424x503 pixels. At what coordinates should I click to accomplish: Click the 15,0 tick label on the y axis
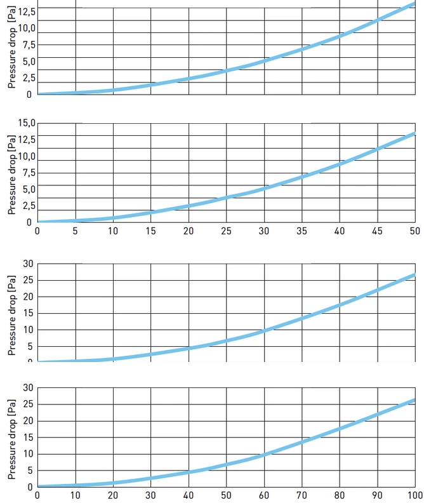click(27, 123)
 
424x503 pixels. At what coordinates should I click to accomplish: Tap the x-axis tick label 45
click(377, 231)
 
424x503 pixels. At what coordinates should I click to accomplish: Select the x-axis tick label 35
click(301, 231)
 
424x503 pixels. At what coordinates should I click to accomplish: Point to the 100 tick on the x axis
click(414, 495)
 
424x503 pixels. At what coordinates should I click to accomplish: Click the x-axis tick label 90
click(377, 495)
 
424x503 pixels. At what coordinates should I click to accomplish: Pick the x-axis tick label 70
click(301, 495)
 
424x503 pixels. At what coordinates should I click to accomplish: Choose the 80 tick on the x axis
click(340, 495)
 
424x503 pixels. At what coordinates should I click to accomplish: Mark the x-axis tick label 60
click(264, 495)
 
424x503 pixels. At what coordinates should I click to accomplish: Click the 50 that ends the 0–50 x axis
click(414, 231)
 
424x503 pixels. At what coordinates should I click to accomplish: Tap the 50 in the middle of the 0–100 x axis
click(226, 495)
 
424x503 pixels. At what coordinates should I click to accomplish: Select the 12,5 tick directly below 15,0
click(27, 140)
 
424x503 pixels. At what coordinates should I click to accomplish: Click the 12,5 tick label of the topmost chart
click(27, 12)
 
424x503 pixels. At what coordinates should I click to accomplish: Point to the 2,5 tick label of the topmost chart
click(29, 78)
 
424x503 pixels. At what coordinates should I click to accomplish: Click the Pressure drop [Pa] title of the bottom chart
click(11, 439)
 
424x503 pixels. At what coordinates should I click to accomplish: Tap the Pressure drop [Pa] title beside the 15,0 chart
click(11, 175)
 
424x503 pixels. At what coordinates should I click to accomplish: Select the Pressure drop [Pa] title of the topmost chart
click(11, 47)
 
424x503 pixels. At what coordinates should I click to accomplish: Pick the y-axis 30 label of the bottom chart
click(28, 388)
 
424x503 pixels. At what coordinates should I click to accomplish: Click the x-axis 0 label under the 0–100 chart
click(37, 495)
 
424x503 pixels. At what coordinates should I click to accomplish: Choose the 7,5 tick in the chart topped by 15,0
click(29, 173)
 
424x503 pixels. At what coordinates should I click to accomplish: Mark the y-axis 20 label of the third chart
click(28, 297)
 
